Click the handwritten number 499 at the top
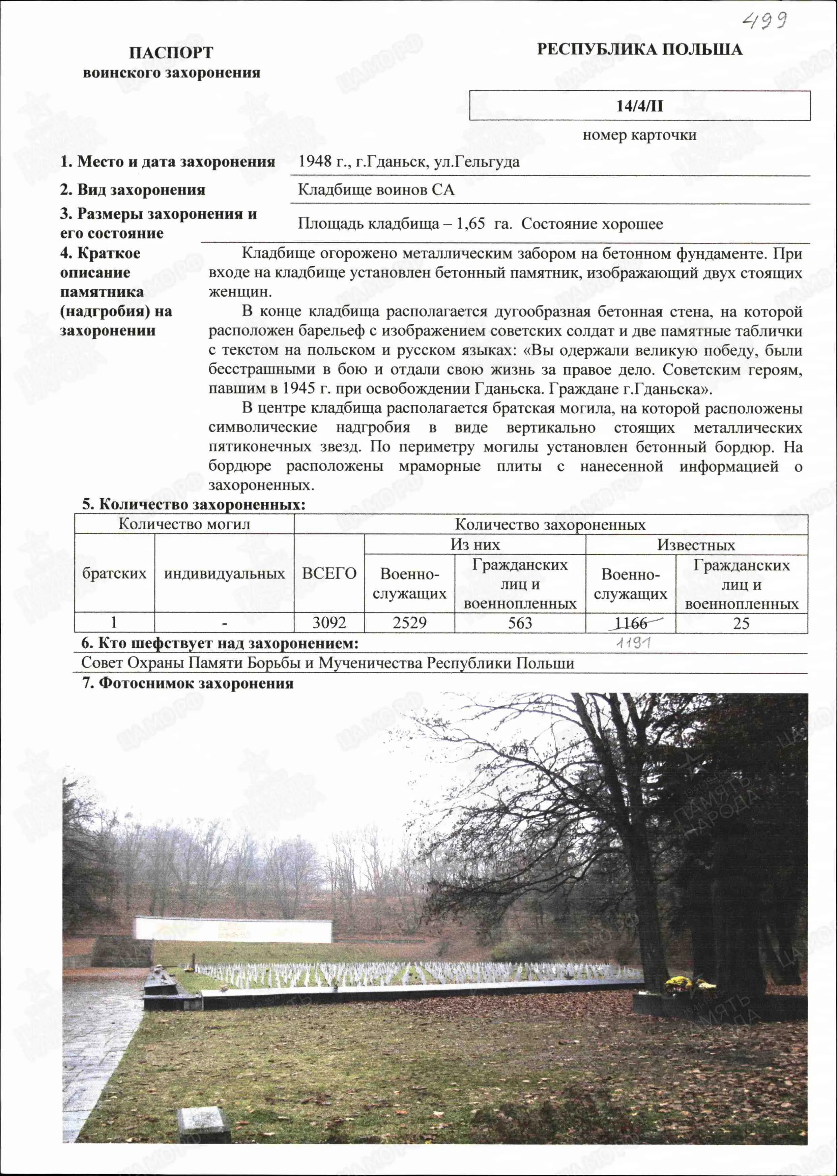[x=764, y=21]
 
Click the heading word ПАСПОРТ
[x=171, y=53]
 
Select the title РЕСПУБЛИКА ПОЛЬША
[x=640, y=50]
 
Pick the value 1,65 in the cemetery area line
[x=470, y=224]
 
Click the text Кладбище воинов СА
[x=376, y=189]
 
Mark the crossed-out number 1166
[x=631, y=623]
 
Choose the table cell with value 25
[x=741, y=623]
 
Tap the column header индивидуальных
[x=224, y=573]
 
